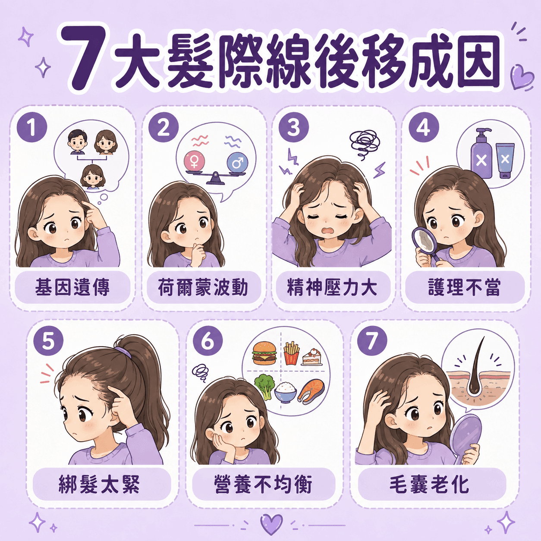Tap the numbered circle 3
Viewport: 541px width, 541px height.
(x=293, y=127)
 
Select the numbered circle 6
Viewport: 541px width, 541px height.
(x=208, y=342)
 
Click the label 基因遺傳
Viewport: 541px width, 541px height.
(x=72, y=287)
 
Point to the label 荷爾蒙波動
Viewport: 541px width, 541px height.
(x=203, y=287)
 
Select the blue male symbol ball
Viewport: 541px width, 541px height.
(x=238, y=161)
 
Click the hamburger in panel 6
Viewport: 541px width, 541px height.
(x=264, y=353)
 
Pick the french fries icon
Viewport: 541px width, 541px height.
(x=291, y=353)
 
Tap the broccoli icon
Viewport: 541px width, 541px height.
(x=264, y=386)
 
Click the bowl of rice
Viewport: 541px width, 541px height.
(x=285, y=393)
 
